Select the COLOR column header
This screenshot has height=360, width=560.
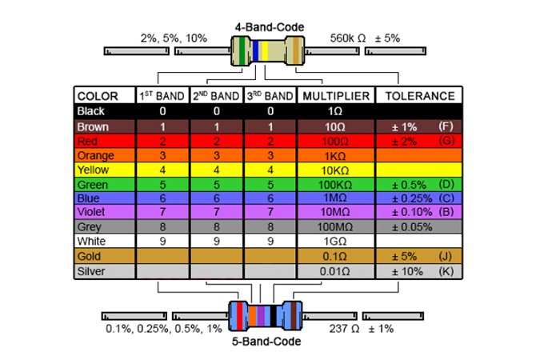[98, 96]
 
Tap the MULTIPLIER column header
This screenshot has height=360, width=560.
[335, 96]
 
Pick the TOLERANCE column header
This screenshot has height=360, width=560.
[420, 96]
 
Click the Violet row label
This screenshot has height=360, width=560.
[90, 212]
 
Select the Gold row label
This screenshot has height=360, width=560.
[89, 256]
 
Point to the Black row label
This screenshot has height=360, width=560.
[90, 111]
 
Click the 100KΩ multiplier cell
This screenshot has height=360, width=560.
[335, 183]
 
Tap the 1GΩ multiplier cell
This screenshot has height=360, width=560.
[335, 241]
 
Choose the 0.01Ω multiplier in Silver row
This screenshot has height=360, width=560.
[335, 270]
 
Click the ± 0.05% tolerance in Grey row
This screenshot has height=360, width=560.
[414, 226]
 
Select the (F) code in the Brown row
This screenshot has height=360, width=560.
[446, 126]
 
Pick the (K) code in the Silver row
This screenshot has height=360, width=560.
[446, 270]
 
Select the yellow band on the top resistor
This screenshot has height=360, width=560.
[264, 52]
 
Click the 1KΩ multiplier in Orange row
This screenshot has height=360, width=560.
[335, 154]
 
